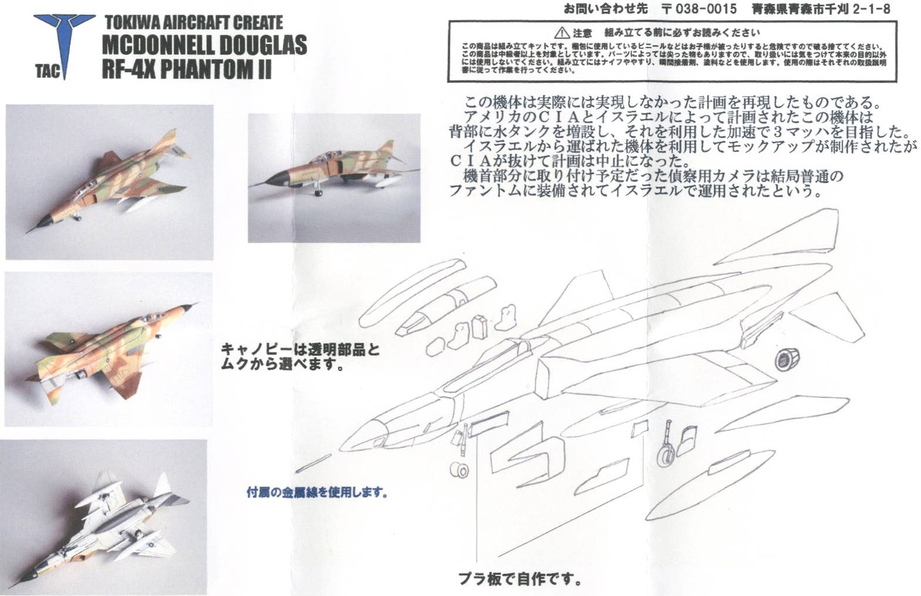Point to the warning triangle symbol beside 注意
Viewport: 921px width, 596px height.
pos(561,33)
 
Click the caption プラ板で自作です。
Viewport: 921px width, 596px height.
pos(519,579)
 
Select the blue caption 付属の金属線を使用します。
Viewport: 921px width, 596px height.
pos(317,492)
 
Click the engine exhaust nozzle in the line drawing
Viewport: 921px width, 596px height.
pos(787,358)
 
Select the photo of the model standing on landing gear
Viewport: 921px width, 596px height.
pos(333,178)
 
